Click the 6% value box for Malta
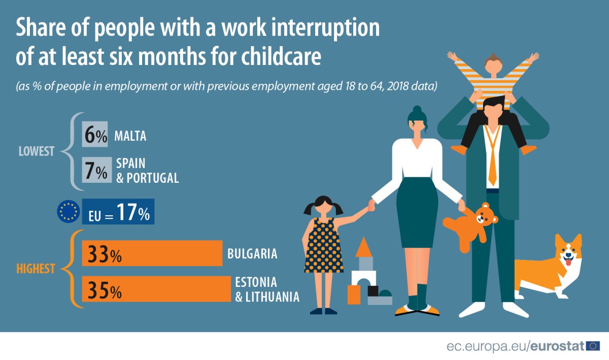[95, 134]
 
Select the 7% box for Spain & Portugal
[97, 170]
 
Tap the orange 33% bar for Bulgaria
[152, 253]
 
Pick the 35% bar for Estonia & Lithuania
[156, 289]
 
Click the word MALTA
[130, 136]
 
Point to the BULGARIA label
[252, 253]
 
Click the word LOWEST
[37, 151]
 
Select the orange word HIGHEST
[36, 269]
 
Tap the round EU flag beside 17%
[68, 211]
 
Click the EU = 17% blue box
[118, 211]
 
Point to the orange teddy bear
[470, 226]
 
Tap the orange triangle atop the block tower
[363, 247]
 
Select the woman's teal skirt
[417, 212]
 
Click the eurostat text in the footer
[557, 346]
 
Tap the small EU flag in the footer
[593, 346]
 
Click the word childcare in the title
[281, 56]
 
